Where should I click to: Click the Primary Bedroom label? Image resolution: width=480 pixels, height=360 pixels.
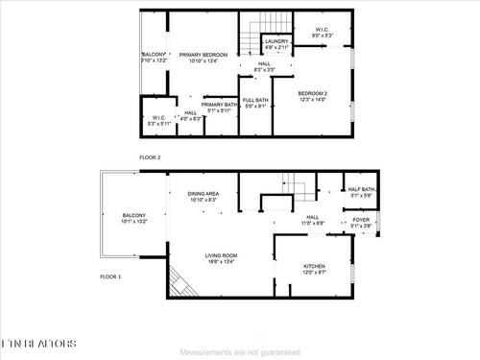coord(203,55)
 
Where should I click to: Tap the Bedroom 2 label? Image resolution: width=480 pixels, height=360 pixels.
coord(313,94)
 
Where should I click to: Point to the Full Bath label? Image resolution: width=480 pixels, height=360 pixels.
coord(255,100)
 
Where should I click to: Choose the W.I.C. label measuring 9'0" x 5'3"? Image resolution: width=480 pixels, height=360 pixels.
coord(324,30)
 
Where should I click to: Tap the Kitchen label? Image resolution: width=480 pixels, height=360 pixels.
coord(315,266)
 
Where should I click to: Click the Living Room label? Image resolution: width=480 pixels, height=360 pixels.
coord(220,255)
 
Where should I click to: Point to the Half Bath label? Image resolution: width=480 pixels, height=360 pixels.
coord(362,190)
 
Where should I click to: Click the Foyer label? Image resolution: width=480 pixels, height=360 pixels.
coord(360,221)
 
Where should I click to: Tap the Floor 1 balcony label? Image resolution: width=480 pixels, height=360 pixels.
coord(133,215)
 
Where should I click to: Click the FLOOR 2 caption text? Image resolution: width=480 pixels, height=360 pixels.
coord(150,156)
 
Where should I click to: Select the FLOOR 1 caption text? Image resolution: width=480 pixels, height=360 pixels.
coord(111,276)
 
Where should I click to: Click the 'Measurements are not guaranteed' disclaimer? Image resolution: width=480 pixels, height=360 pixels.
coord(239,351)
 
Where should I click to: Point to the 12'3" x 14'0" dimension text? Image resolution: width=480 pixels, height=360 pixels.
coord(313,99)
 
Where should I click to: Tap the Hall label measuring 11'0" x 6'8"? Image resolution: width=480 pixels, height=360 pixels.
coord(313,217)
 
